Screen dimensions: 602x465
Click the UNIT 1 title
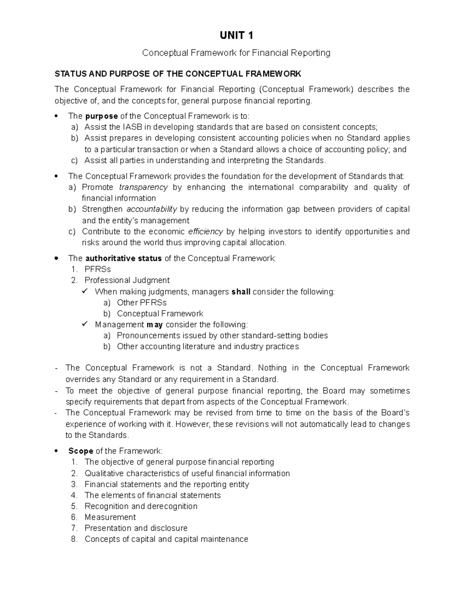pos(236,36)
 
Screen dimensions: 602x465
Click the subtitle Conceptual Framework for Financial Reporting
pos(236,53)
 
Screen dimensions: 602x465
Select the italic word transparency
pos(143,187)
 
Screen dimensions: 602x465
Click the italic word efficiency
pos(205,231)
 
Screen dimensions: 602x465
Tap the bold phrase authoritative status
pos(123,259)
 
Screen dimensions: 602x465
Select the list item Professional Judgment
pos(127,280)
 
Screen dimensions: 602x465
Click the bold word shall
pos(241,292)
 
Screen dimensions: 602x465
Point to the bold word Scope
pos(81,451)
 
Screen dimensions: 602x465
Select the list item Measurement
pos(110,517)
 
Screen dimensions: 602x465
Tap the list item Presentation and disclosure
pos(136,528)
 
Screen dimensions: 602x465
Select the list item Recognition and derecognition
pos(141,506)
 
